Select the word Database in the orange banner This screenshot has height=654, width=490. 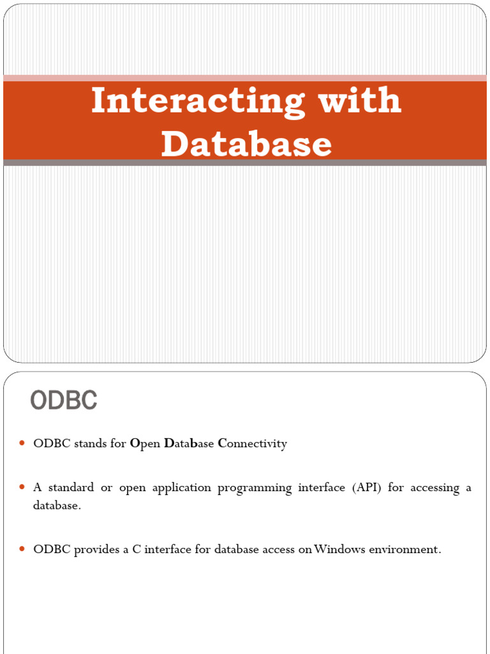click(246, 144)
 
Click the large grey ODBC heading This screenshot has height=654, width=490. click(64, 400)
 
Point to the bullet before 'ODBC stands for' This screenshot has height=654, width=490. click(22, 443)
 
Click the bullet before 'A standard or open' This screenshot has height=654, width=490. click(22, 487)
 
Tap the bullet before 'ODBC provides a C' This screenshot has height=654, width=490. click(22, 549)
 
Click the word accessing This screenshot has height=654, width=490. click(434, 489)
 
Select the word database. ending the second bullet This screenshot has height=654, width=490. click(57, 506)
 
